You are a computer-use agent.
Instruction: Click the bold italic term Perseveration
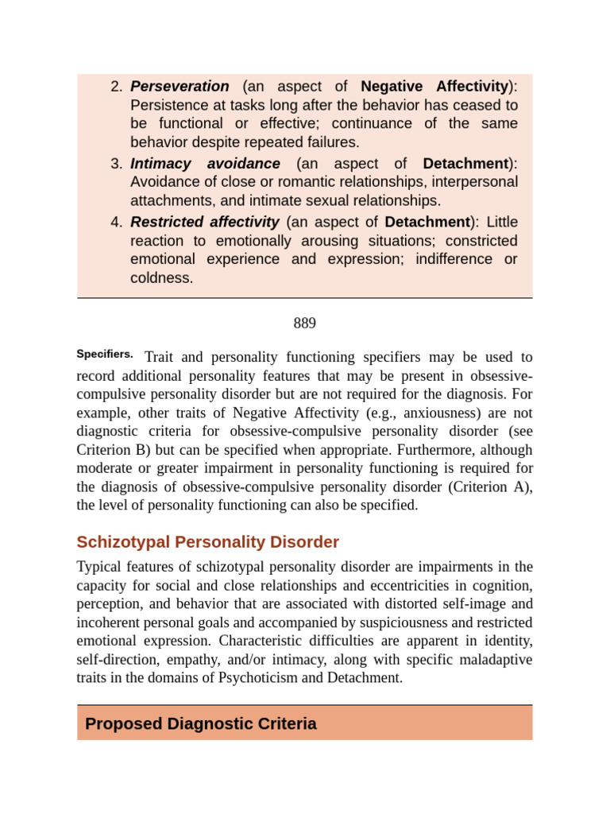point(180,87)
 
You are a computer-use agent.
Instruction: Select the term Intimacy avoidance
point(205,164)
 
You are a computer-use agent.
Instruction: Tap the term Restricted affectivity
point(204,222)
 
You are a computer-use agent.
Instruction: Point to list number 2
point(116,87)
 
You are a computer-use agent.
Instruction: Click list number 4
point(116,222)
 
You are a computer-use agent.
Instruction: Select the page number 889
point(304,323)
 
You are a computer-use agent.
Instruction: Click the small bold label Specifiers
point(104,355)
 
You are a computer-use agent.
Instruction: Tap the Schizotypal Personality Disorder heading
point(207,542)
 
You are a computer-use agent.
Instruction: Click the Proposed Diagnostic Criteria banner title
point(200,723)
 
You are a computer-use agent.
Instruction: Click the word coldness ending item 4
point(161,278)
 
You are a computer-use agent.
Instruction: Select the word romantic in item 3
point(261,182)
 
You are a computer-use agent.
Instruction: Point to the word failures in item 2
point(329,142)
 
